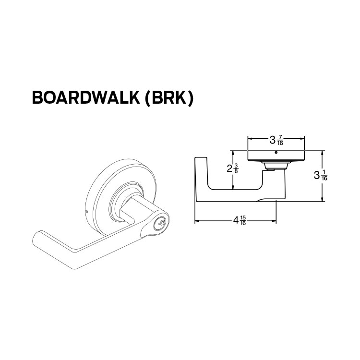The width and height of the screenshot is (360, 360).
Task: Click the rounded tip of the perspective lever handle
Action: click(37, 236)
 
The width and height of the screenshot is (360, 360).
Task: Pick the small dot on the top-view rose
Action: click(276, 153)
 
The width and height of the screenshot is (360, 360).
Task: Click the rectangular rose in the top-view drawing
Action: click(276, 156)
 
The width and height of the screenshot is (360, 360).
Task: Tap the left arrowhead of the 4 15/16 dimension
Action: click(196, 221)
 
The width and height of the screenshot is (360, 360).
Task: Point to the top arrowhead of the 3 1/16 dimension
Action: click(323, 153)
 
